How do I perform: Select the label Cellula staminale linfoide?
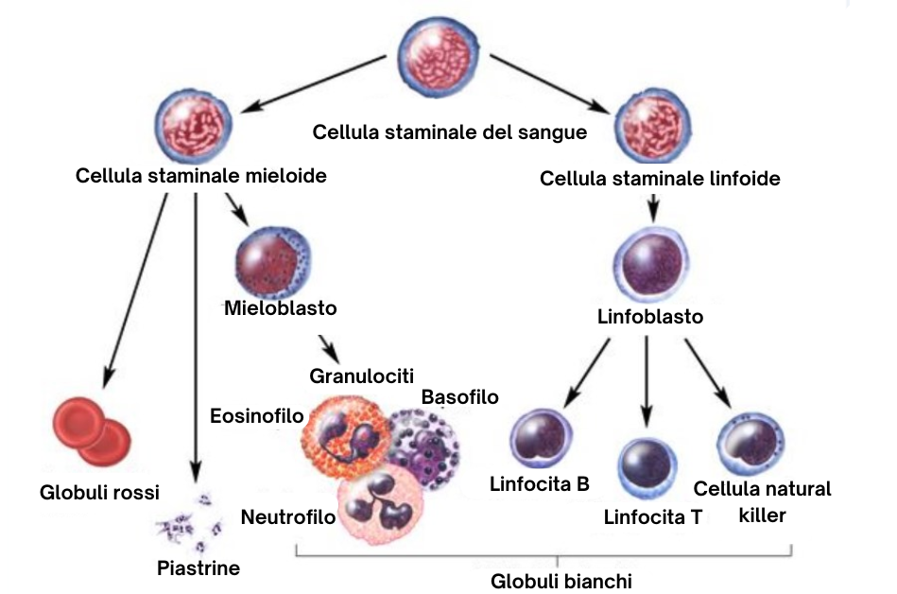(660, 178)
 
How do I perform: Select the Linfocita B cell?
(542, 439)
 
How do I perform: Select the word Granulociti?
(362, 376)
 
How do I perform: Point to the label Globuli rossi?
(99, 492)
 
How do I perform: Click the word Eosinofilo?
(257, 416)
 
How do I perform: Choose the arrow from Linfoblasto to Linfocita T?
(647, 378)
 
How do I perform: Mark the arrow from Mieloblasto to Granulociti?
(328, 345)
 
